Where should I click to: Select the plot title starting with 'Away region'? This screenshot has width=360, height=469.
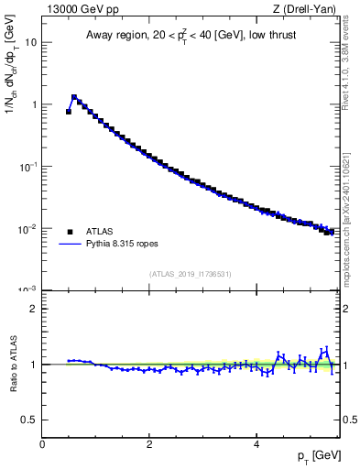191,35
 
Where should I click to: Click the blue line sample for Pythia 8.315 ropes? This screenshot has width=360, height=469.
70,245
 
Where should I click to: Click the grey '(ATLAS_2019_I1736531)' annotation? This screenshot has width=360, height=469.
191,274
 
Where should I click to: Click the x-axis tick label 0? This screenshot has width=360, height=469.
42,444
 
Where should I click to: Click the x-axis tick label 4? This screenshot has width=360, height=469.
256,444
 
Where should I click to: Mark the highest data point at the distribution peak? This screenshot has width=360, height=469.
74,96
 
